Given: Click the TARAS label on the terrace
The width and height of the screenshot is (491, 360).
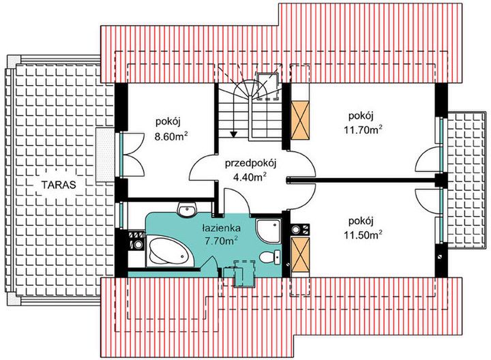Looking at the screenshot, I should click(x=57, y=184).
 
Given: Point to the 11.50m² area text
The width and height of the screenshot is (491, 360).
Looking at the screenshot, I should click(x=363, y=234).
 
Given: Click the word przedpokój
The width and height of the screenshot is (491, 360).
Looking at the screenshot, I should click(x=250, y=163).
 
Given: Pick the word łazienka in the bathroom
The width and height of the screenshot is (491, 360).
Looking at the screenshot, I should click(x=220, y=228).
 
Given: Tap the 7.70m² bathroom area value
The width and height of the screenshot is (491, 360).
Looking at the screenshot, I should click(x=220, y=240).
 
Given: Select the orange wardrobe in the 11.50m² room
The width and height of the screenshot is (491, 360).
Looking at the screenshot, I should click(x=299, y=253).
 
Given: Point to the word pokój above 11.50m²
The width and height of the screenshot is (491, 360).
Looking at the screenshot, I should click(x=361, y=222).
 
